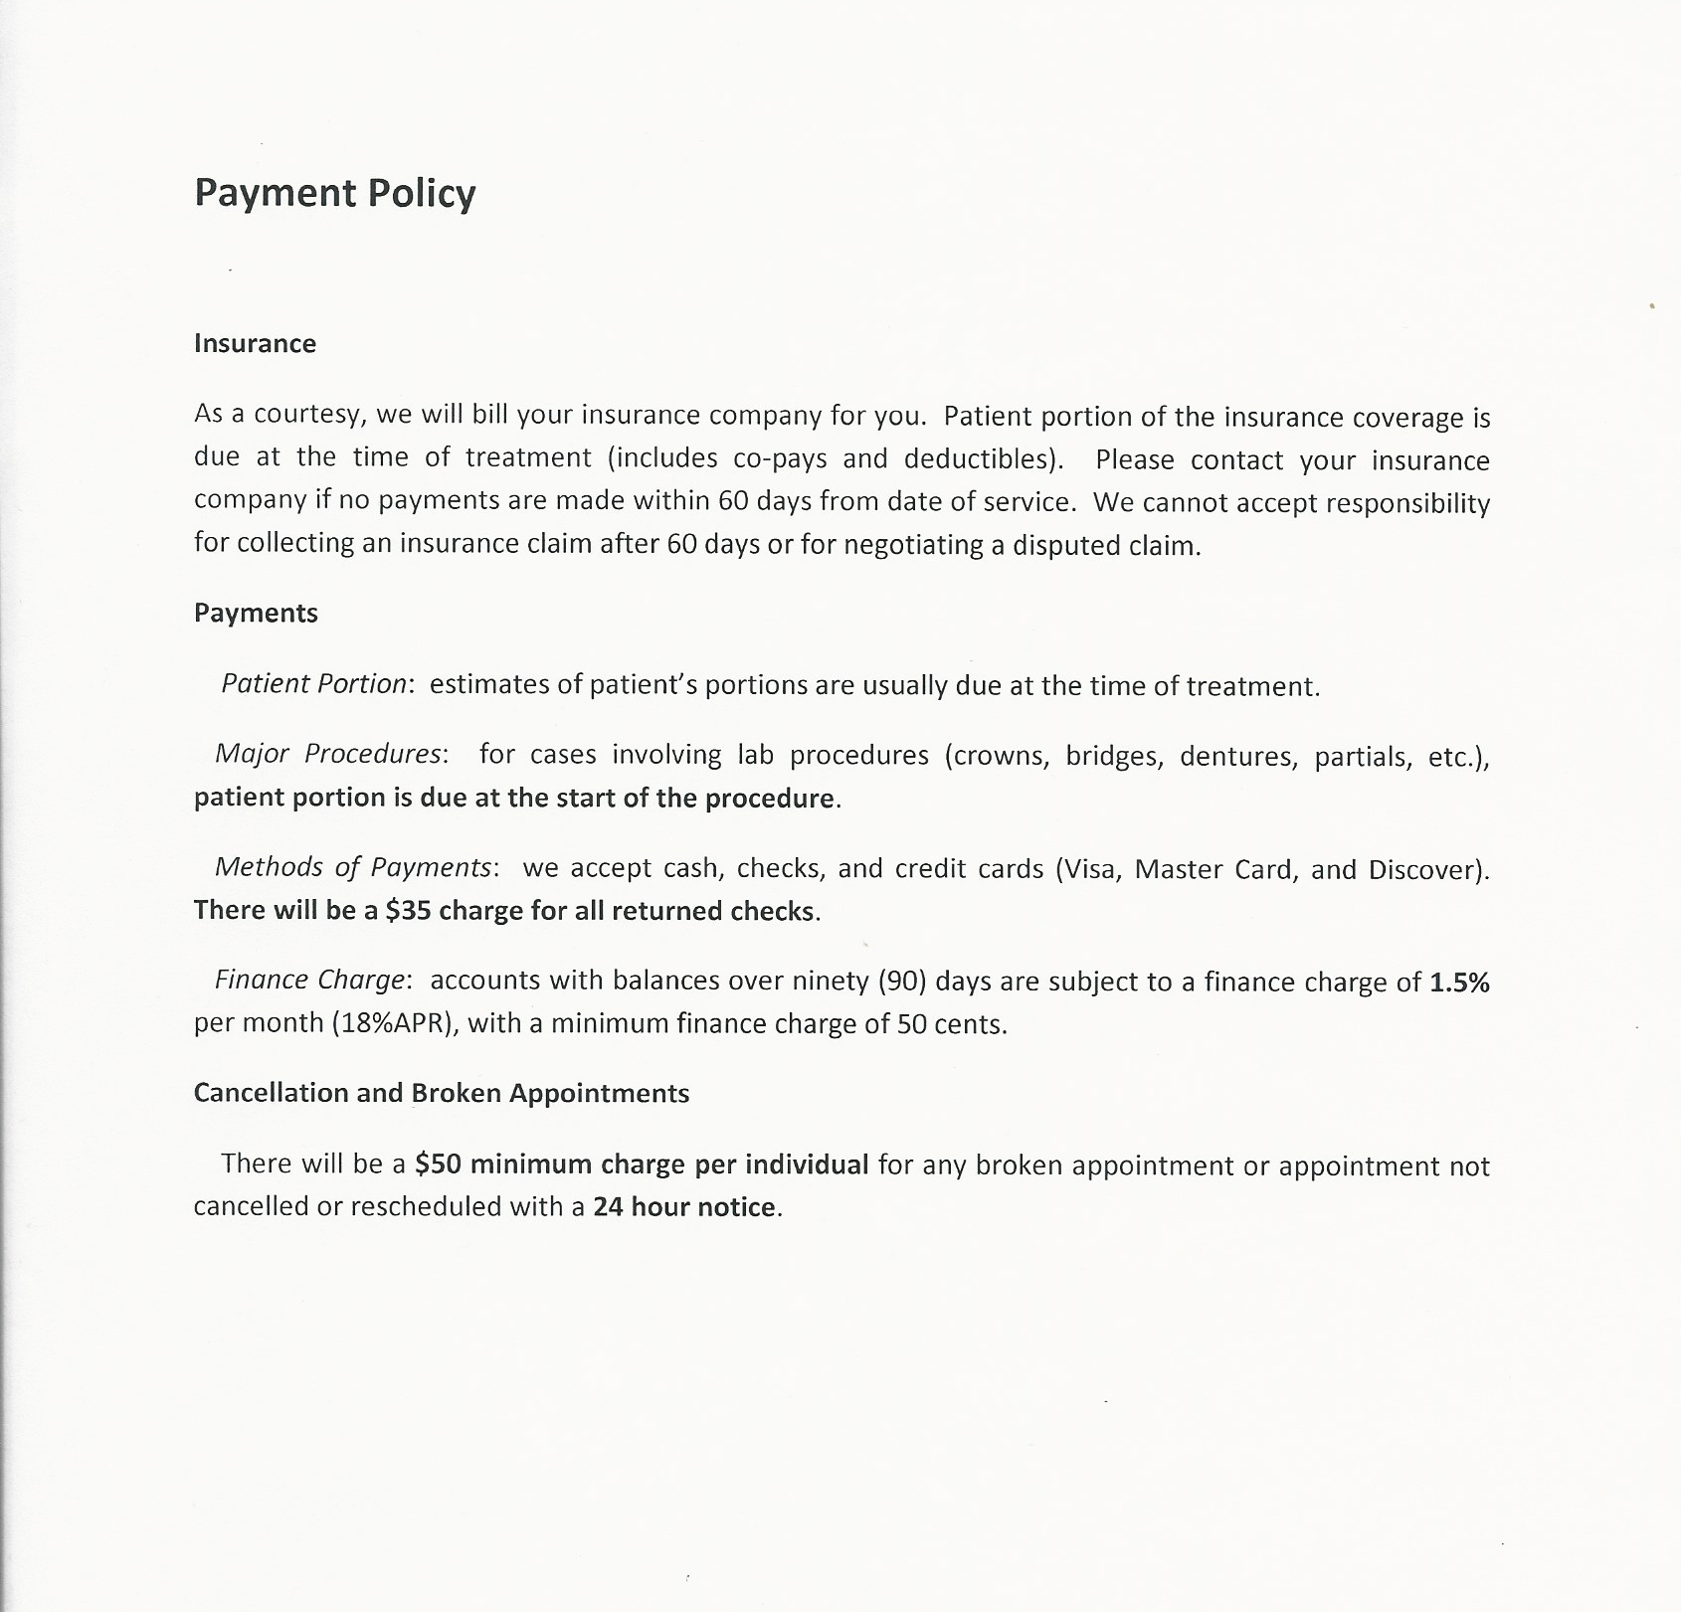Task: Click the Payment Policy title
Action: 335,193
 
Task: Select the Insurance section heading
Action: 255,344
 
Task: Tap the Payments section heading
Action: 256,614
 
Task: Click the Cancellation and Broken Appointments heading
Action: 441,1094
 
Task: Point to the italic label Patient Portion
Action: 313,685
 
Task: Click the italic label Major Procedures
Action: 327,755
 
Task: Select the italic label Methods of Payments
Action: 353,868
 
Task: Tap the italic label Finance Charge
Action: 310,982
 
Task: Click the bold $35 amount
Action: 408,911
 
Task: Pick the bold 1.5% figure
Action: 1459,983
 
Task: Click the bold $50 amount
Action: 438,1164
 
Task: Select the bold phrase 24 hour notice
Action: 684,1207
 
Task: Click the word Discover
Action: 1424,870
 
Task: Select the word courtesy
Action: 305,416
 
